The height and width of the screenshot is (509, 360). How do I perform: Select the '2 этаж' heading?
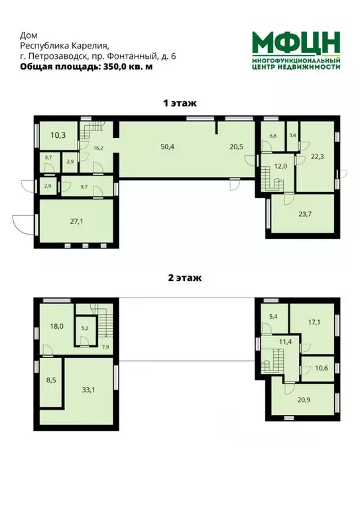point(180,278)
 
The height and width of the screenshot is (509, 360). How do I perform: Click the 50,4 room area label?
point(168,146)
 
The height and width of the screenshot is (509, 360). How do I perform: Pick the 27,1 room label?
point(76,221)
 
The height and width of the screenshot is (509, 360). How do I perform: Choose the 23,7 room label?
point(300,214)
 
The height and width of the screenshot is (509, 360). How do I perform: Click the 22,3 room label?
point(318,156)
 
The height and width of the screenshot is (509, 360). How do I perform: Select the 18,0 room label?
point(56,326)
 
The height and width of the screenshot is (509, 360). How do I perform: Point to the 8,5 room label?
point(51,380)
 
